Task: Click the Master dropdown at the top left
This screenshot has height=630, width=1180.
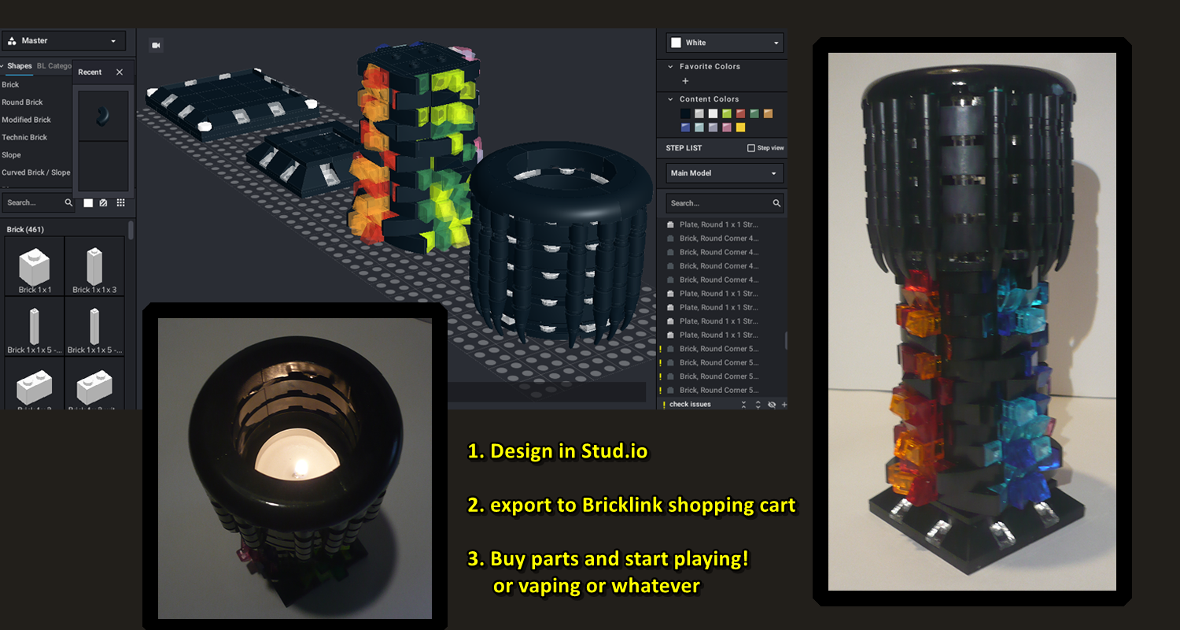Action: point(64,41)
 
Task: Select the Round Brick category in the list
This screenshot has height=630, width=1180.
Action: point(23,102)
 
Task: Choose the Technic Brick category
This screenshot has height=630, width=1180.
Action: point(24,137)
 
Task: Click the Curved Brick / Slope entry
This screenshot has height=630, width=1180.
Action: point(35,172)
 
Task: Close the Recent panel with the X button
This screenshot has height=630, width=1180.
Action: point(120,72)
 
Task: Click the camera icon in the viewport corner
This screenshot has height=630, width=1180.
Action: point(156,46)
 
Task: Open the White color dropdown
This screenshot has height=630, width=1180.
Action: point(724,43)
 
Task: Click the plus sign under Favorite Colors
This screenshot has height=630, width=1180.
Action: point(685,81)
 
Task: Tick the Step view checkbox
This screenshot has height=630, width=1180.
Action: point(750,148)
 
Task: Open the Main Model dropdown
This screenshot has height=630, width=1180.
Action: point(724,173)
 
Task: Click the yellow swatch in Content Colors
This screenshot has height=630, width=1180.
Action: point(740,128)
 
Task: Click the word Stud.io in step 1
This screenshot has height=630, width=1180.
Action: point(614,451)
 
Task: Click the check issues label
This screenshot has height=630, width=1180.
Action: point(690,405)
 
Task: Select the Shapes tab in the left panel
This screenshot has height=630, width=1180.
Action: point(20,66)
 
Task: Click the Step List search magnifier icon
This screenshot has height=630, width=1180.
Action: point(776,203)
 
